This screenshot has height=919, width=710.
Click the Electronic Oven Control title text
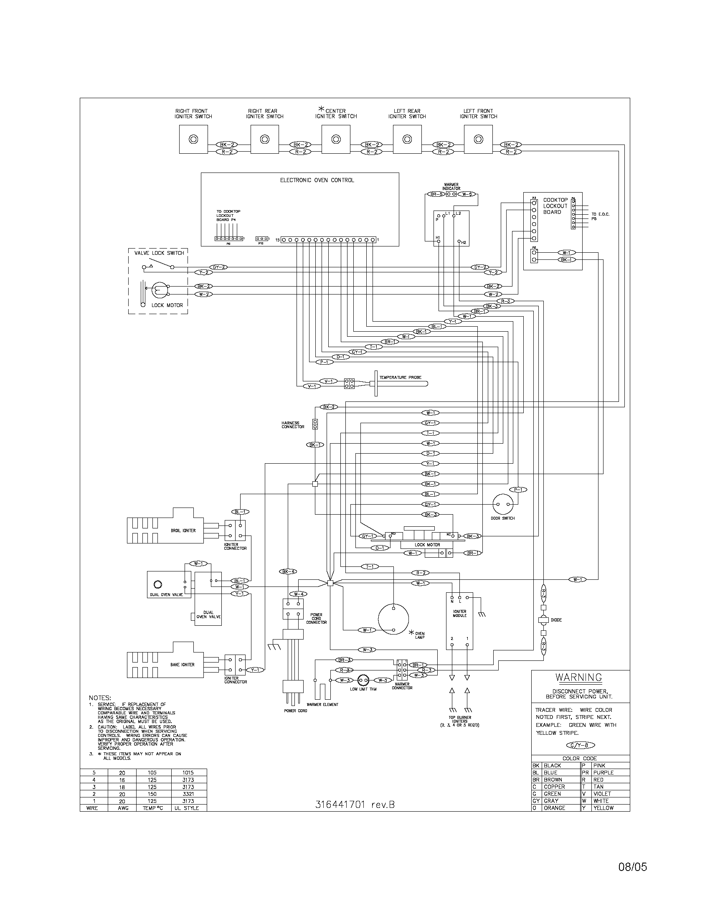click(317, 180)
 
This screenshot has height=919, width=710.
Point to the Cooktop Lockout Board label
click(555, 206)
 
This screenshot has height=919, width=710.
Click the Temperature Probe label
click(400, 378)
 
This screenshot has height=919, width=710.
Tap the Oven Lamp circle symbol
click(393, 619)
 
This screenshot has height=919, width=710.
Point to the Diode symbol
click(543, 620)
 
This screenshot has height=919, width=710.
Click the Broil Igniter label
click(183, 531)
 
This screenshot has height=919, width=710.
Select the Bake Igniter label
click(182, 665)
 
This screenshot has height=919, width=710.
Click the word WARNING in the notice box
click(578, 678)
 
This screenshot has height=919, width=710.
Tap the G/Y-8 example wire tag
click(581, 745)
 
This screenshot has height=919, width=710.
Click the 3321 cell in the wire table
click(188, 794)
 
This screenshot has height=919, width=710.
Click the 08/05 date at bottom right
click(632, 864)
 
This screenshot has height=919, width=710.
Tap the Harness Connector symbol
click(314, 424)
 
